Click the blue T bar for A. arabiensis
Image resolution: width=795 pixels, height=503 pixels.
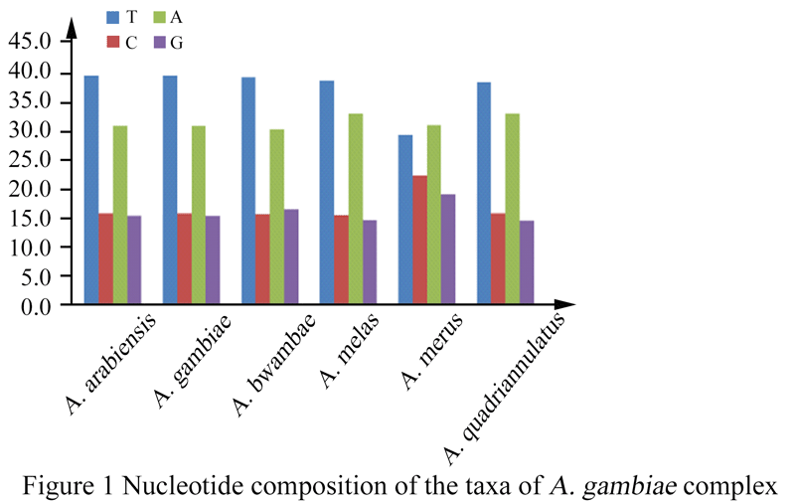91,188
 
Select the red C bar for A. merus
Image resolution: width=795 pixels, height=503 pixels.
420,239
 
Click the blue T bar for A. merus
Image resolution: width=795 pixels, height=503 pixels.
405,218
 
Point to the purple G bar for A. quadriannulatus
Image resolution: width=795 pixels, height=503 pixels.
527,260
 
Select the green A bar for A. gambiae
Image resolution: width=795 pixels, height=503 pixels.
199,213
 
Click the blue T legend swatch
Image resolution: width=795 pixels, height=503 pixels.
112,17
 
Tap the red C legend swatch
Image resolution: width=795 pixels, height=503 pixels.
112,42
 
